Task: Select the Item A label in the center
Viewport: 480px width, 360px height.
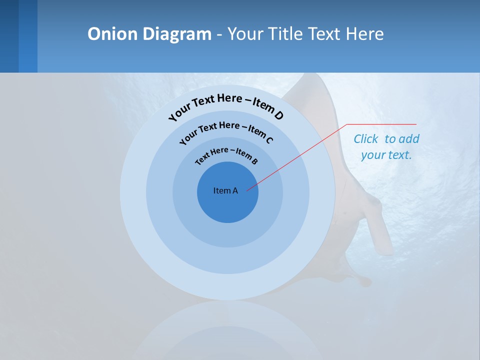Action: tap(225, 190)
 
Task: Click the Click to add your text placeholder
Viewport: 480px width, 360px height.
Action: tap(386, 147)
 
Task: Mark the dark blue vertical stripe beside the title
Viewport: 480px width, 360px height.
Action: tap(28, 36)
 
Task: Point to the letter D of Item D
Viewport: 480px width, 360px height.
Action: tap(278, 116)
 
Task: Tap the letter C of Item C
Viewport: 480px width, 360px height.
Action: tap(269, 140)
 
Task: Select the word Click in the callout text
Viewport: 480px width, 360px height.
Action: tap(366, 139)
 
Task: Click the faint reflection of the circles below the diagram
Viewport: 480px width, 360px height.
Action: tap(228, 330)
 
